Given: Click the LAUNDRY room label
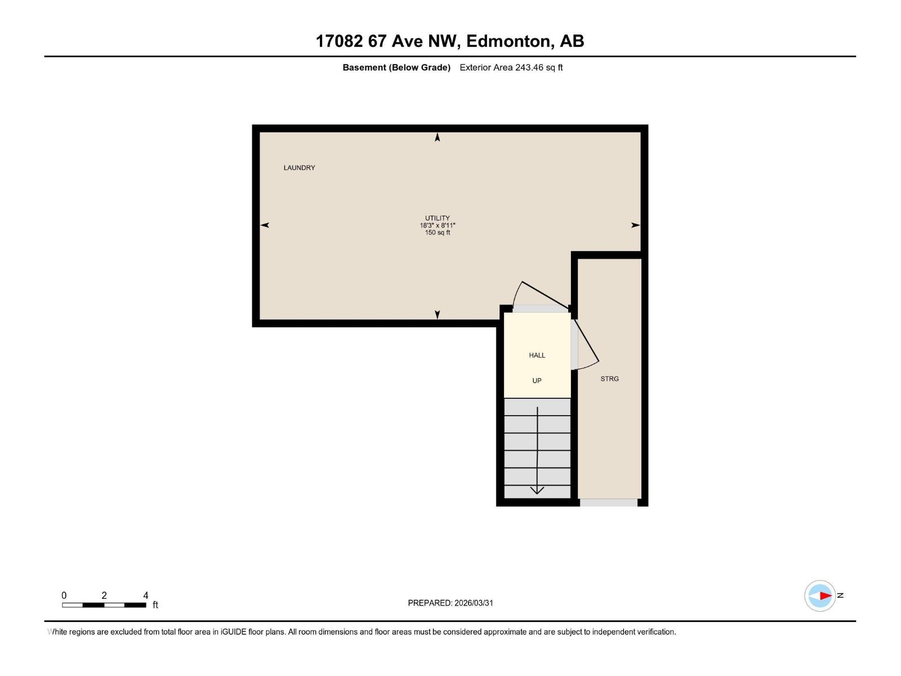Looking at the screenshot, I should [x=299, y=168].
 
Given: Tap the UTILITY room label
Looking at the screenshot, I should [x=438, y=218].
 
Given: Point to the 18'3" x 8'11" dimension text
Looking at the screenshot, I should [x=438, y=225].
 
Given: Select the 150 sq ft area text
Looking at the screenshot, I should [x=438, y=233].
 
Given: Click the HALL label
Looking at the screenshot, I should [x=537, y=355].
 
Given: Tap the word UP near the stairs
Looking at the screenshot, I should [x=537, y=381].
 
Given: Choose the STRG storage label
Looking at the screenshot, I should [x=609, y=379].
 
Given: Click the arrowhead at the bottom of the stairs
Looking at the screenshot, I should [x=537, y=490].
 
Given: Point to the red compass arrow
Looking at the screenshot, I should [x=825, y=595].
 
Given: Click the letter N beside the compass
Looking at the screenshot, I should [x=840, y=595].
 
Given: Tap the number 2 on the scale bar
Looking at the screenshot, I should [x=104, y=595].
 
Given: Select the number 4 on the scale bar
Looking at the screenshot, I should [x=146, y=595].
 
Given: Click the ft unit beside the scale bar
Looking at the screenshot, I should [x=155, y=605].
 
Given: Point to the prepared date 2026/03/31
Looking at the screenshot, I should [x=474, y=603].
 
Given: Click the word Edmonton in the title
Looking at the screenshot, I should [x=508, y=41].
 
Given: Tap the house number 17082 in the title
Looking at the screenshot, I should [x=339, y=41].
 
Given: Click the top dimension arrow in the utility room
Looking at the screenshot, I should [x=438, y=137].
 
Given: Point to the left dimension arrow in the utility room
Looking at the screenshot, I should [x=265, y=225].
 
